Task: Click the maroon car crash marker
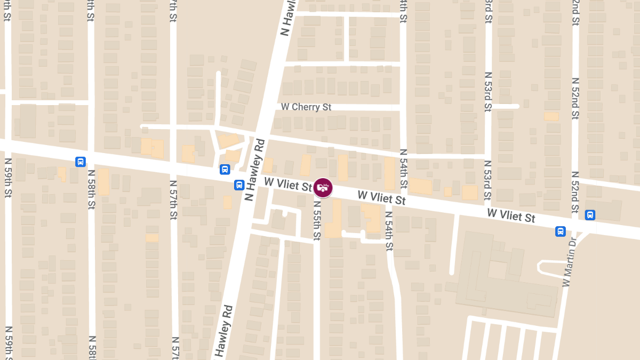323,187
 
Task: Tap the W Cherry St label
306,107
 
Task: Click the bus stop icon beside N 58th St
81,162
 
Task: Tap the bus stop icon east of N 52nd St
590,215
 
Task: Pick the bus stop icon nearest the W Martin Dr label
561,231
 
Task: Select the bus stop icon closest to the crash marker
239,185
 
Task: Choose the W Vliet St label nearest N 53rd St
511,215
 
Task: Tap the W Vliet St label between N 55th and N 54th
381,198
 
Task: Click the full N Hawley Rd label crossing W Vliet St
254,170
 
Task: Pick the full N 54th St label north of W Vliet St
403,170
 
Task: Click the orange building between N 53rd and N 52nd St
551,116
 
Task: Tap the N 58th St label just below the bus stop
91,189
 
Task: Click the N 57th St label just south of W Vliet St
173,200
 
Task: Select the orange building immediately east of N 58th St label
103,182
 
